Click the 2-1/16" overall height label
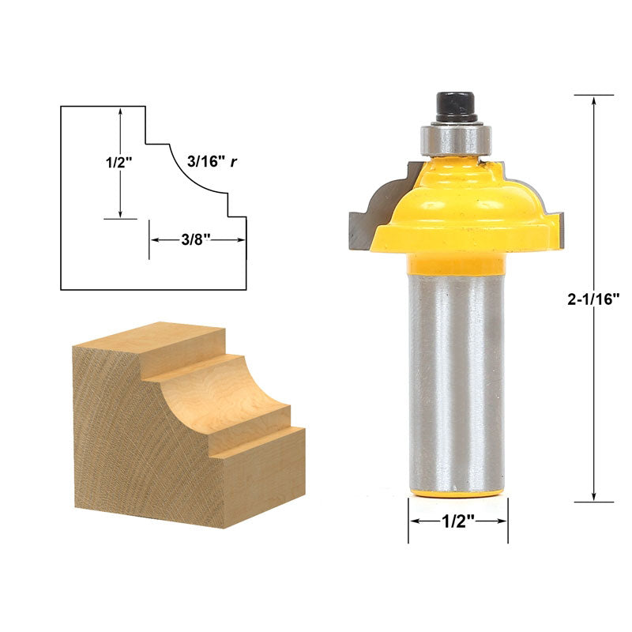[593, 299]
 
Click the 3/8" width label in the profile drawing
[197, 239]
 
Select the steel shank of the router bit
[457, 379]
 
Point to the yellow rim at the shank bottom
[457, 492]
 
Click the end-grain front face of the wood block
[142, 450]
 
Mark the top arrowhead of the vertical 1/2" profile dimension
[120, 113]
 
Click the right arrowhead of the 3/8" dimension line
[240, 239]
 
